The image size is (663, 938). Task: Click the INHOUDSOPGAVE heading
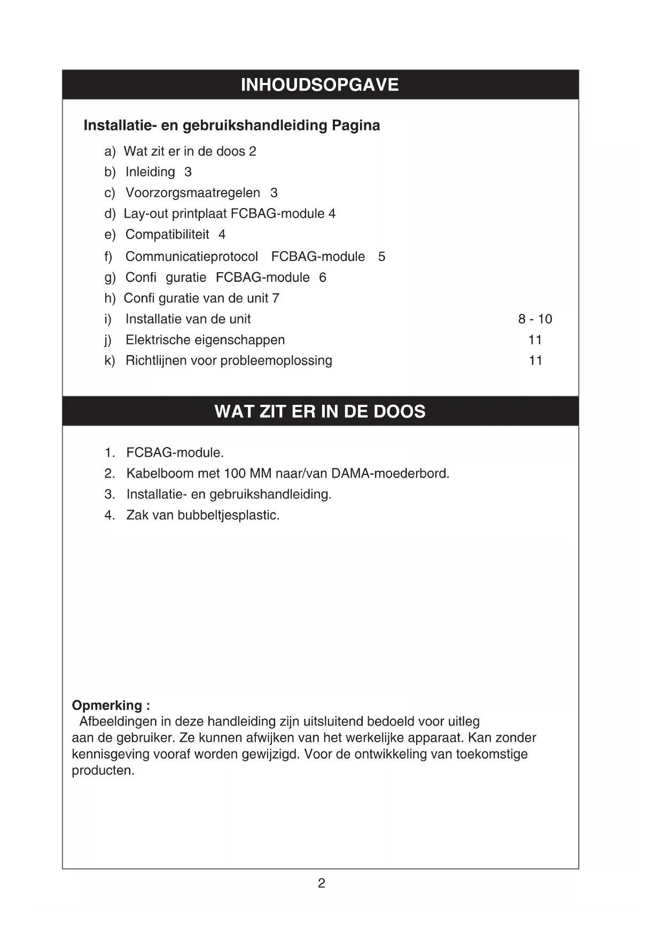(x=319, y=85)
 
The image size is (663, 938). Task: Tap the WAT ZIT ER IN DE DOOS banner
(x=319, y=411)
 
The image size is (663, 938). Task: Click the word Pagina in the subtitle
(x=356, y=126)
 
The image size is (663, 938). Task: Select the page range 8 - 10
(x=535, y=319)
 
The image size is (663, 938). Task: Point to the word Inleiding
(x=150, y=172)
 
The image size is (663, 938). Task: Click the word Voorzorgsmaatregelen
(x=193, y=193)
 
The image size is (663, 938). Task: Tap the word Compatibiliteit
(x=167, y=235)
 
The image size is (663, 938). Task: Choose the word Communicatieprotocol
(x=192, y=257)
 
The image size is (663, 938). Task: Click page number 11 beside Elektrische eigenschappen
(x=535, y=340)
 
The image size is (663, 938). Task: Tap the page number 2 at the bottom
(x=322, y=883)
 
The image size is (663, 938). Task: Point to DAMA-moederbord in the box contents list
(x=390, y=474)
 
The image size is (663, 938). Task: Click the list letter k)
(x=110, y=361)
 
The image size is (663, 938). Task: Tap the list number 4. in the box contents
(x=110, y=516)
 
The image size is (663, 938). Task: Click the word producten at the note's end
(x=103, y=771)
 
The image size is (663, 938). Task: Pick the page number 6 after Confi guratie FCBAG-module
(x=323, y=278)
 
